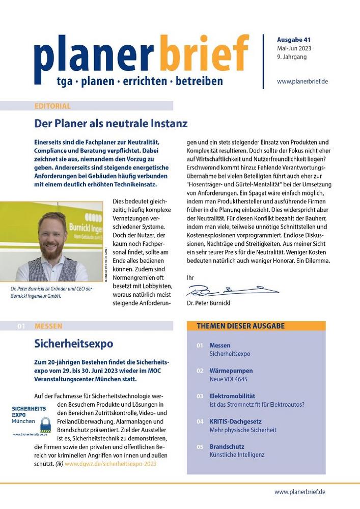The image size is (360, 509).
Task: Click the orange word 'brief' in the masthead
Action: (x=203, y=53)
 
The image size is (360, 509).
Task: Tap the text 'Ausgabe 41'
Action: (x=294, y=40)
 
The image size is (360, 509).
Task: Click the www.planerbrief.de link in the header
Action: (x=301, y=81)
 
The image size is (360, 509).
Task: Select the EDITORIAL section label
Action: (x=52, y=106)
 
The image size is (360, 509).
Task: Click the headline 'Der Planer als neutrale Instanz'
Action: (x=111, y=123)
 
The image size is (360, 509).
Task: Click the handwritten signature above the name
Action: (x=232, y=291)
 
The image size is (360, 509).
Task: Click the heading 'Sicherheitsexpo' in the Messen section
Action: (x=73, y=343)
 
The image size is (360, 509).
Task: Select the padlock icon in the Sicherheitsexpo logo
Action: (x=45, y=424)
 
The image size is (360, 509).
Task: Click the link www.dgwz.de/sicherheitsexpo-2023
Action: (x=118, y=464)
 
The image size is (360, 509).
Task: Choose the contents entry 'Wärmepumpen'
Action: (x=231, y=371)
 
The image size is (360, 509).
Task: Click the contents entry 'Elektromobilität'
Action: (x=232, y=395)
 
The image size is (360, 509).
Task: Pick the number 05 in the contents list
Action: (x=200, y=446)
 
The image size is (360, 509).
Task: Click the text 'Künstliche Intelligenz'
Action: (x=237, y=455)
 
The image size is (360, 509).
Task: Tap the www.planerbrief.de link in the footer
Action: (x=299, y=492)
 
